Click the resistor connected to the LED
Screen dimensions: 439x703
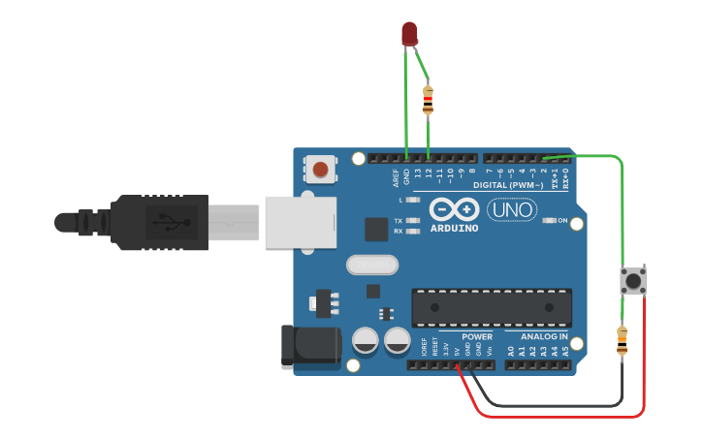[x=429, y=100]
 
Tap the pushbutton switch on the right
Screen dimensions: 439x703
[x=633, y=282]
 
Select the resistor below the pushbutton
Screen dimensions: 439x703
[x=622, y=341]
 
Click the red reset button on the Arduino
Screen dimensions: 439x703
[x=320, y=172]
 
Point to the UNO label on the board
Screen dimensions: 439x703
[x=511, y=208]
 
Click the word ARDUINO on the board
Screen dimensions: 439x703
[x=454, y=229]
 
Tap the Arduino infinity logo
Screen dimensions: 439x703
[x=454, y=209]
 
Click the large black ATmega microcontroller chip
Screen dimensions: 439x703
[x=491, y=307]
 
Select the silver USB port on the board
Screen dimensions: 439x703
[x=300, y=222]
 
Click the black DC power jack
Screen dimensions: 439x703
[x=308, y=347]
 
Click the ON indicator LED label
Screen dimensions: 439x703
[x=562, y=221]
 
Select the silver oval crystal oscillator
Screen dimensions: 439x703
[x=371, y=265]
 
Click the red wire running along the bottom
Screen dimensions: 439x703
[x=562, y=417]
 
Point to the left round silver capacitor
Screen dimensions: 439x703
[x=366, y=340]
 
